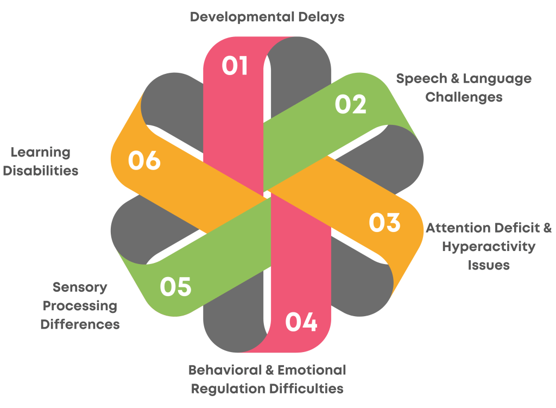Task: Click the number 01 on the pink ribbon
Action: tap(235, 66)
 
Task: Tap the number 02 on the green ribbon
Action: tap(350, 104)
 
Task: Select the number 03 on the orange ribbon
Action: tap(384, 223)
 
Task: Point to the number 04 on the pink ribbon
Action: tap(301, 322)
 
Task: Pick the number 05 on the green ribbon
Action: tap(176, 287)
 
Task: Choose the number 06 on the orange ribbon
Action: tap(144, 161)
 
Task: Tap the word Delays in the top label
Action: tap(321, 17)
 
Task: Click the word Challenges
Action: tap(464, 97)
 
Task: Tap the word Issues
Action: tap(489, 265)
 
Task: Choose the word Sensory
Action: tap(80, 287)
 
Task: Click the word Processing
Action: tap(80, 306)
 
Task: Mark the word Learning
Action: tap(41, 152)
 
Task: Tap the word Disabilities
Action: tap(45, 171)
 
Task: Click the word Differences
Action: tap(80, 324)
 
